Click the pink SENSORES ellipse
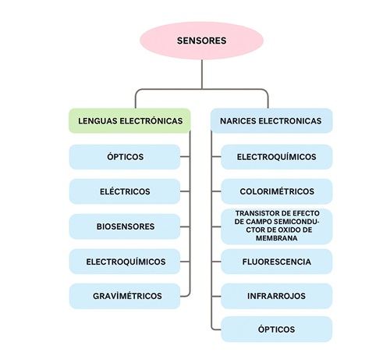click(202, 41)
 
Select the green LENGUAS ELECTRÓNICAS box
click(129, 121)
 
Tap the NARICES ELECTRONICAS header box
click(271, 121)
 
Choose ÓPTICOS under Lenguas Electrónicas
click(125, 156)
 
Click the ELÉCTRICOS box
click(125, 191)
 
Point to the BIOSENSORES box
click(125, 226)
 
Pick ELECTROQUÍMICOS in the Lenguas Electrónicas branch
click(125, 262)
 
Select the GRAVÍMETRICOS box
click(125, 296)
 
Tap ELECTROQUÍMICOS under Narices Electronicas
click(276, 156)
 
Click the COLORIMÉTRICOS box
click(276, 191)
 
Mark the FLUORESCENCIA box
click(276, 262)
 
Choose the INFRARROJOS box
click(276, 296)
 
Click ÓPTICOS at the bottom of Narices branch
click(276, 330)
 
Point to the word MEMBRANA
click(277, 239)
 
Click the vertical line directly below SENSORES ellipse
click(202, 74)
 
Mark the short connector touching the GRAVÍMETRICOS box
click(186, 296)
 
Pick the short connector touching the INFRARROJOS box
click(216, 296)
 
